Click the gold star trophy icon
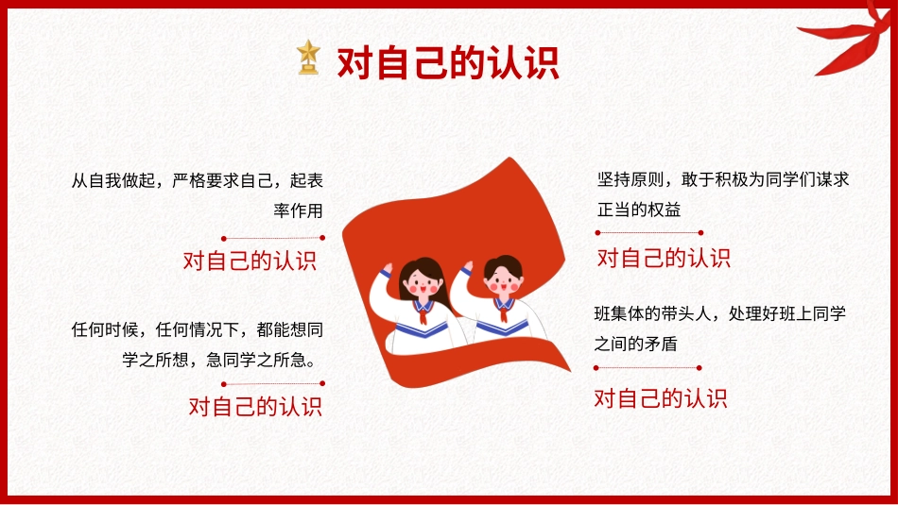pyautogui.click(x=308, y=58)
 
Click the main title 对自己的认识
pyautogui.click(x=448, y=62)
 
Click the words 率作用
pyautogui.click(x=298, y=210)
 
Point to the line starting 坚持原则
pyautogui.click(x=723, y=179)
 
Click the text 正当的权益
pyautogui.click(x=638, y=209)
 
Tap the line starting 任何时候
pyautogui.click(x=198, y=330)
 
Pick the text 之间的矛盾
pyautogui.click(x=635, y=344)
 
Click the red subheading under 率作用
pyautogui.click(x=250, y=261)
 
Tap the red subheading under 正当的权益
pyautogui.click(x=664, y=258)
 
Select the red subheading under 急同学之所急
pyautogui.click(x=255, y=407)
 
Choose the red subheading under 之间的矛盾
pyautogui.click(x=661, y=398)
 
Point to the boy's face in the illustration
pyautogui.click(x=501, y=279)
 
